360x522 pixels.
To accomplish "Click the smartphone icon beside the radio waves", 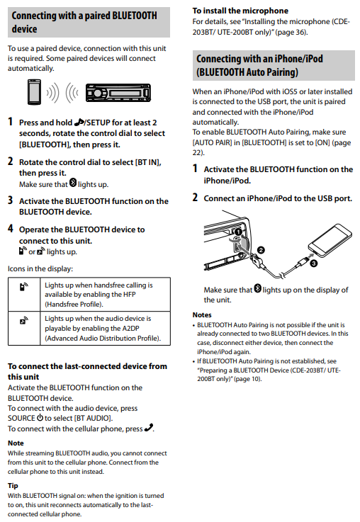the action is [x=34, y=92].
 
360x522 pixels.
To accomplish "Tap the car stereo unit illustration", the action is [x=118, y=93].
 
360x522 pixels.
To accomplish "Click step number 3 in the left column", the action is [x=11, y=200].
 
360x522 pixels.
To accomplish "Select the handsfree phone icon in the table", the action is [x=23, y=286].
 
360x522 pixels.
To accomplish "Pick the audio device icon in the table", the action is [x=23, y=320].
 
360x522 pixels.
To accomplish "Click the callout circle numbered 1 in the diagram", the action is [x=238, y=232].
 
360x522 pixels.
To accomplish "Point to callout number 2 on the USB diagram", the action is [x=261, y=250].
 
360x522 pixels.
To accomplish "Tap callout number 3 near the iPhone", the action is [x=313, y=263].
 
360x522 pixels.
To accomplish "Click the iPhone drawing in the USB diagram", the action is [x=330, y=239].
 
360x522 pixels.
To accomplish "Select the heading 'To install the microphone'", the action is [x=240, y=11].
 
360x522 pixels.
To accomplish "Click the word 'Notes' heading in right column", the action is [x=202, y=314].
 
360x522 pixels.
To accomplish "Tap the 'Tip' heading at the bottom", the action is [x=13, y=485].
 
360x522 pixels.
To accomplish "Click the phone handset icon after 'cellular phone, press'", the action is [x=149, y=428].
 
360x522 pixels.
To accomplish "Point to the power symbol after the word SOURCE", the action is [x=40, y=417].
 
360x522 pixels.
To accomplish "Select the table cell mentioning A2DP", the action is [x=105, y=328].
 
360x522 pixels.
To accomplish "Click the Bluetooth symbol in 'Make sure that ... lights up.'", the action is [x=73, y=183].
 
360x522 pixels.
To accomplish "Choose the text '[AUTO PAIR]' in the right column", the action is [x=212, y=142].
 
